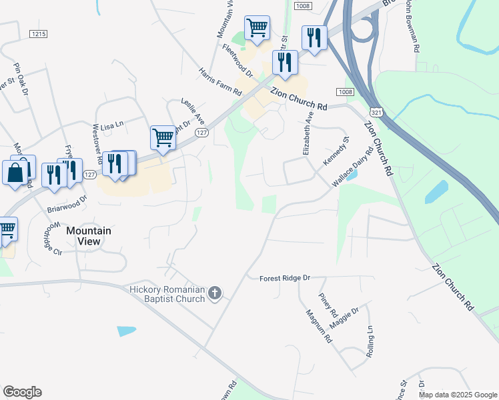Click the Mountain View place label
pyautogui.click(x=89, y=237)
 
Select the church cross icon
pyautogui.click(x=215, y=293)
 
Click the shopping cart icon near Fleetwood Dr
pyautogui.click(x=257, y=28)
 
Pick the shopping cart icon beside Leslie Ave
pyautogui.click(x=163, y=138)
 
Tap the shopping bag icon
pyautogui.click(x=15, y=173)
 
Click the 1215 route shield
pyautogui.click(x=39, y=33)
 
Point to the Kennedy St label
pyautogui.click(x=336, y=153)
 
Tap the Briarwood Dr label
pyautogui.click(x=67, y=203)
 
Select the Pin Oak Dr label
pyautogui.click(x=21, y=79)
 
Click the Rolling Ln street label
pyautogui.click(x=370, y=341)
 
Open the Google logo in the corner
pyautogui.click(x=22, y=392)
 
